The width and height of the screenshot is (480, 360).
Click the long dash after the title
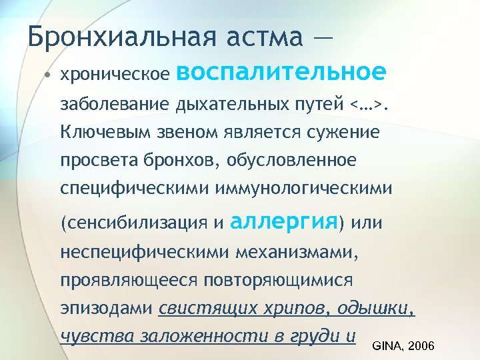321,37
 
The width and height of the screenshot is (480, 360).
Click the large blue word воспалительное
281,71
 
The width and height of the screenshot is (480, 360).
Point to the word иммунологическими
303,189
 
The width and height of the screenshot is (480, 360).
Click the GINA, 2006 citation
403,346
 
